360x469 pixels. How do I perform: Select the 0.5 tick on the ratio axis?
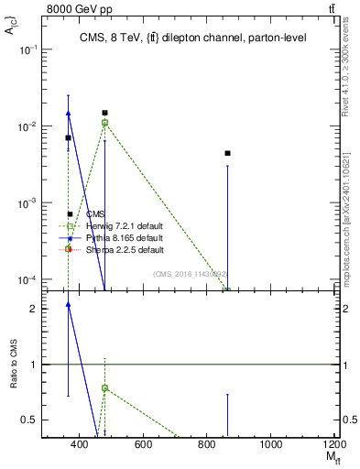click(x=30, y=420)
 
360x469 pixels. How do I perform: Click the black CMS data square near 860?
click(x=227, y=153)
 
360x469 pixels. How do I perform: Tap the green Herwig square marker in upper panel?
click(x=104, y=122)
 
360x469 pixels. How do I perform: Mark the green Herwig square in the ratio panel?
click(x=104, y=387)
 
